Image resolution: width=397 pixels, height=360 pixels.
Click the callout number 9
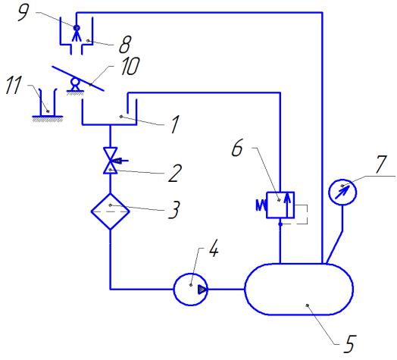(23, 12)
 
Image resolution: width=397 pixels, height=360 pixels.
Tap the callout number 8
(125, 45)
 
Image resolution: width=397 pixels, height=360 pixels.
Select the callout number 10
(130, 66)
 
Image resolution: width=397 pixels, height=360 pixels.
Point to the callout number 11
(14, 85)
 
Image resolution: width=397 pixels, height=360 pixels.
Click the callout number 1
(175, 124)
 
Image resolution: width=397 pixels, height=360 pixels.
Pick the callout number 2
(175, 173)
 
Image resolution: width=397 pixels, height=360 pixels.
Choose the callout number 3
(174, 209)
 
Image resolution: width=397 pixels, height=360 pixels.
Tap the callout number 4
(214, 249)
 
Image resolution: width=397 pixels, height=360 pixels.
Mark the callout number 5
(350, 344)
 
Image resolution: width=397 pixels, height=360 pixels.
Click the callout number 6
(237, 148)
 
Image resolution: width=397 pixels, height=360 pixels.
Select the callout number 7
(381, 164)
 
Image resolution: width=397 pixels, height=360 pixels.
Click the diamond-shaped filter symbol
(110, 211)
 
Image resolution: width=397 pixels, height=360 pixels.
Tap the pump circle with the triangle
(191, 290)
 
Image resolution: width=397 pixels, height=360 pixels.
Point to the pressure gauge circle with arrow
(342, 192)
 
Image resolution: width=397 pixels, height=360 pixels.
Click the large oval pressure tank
(299, 290)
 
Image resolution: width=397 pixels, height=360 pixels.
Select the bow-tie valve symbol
(110, 161)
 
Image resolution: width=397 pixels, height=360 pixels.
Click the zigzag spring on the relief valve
(261, 205)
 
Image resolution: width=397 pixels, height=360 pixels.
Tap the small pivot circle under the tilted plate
(75, 82)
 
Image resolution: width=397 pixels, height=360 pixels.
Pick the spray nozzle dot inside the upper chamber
(77, 27)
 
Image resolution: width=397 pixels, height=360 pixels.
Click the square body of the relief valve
(280, 205)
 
